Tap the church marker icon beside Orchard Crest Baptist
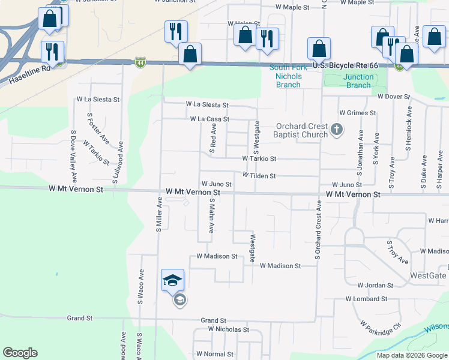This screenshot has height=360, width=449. pos(337,128)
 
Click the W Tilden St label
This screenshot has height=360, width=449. pos(259,176)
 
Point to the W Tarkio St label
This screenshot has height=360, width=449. pos(259,159)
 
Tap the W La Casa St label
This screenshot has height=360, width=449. pos(209,119)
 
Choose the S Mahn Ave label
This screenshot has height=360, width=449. pos(211,215)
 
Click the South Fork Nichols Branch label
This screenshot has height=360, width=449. pos(288,76)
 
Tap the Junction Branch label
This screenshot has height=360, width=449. pos(358,81)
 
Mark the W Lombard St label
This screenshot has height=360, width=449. pos(366,299)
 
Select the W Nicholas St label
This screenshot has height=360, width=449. pos(228,329)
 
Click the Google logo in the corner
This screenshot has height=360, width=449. pos(20,353)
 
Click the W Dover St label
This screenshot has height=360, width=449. pos(393,96)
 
